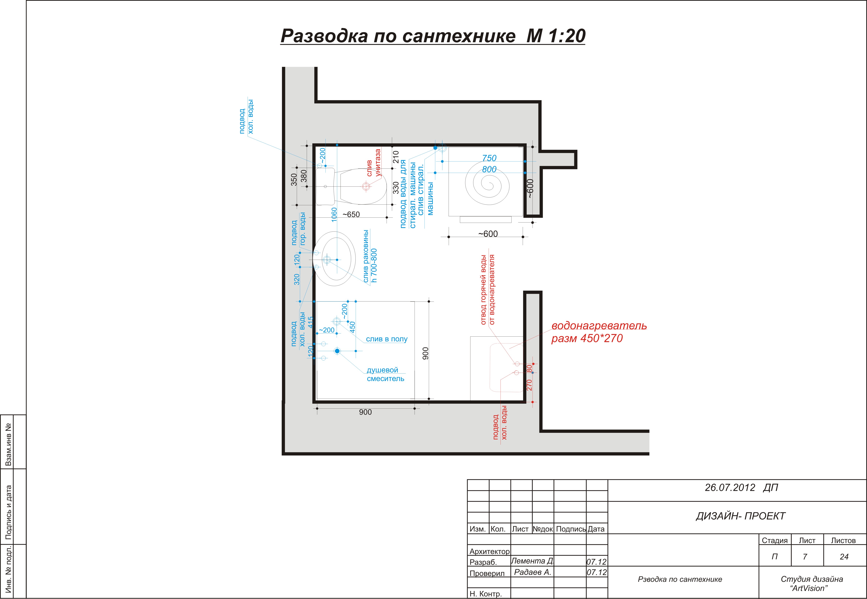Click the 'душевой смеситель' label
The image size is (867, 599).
click(x=385, y=374)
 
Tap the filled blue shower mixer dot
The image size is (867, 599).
click(x=337, y=351)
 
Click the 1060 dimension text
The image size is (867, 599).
click(x=334, y=215)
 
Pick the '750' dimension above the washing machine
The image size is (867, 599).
click(x=489, y=158)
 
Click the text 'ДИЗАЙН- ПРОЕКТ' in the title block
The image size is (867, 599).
click(x=741, y=516)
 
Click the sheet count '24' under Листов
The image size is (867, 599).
click(x=844, y=557)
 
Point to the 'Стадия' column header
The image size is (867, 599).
click(x=775, y=540)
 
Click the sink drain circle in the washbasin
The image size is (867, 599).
click(x=327, y=259)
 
